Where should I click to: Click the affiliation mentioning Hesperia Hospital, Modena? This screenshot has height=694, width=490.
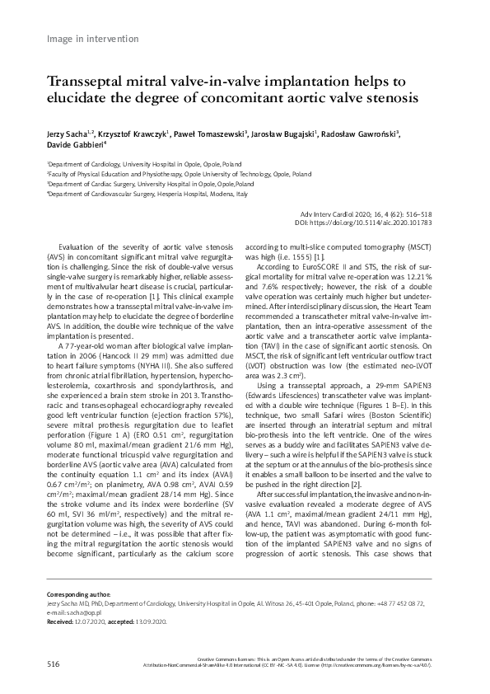pos(147,195)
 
